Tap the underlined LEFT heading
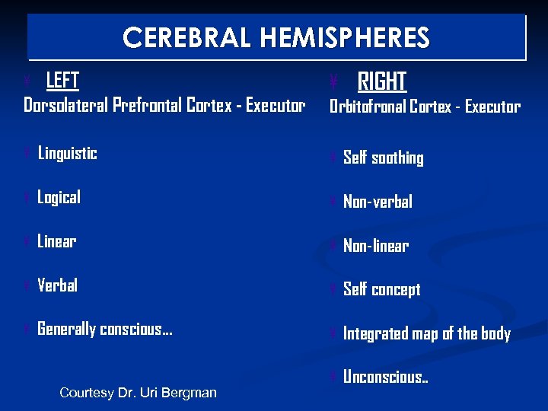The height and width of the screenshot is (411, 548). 63,80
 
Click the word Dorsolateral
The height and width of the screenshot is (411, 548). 65,105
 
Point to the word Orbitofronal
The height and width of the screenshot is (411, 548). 367,107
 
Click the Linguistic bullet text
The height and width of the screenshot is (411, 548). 68,153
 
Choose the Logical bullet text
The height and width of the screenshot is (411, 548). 59,197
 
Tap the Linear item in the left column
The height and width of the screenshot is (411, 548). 57,241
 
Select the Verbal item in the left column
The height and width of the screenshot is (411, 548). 57,285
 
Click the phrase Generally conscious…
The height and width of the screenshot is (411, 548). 105,330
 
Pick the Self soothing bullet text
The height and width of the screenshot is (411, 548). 383,158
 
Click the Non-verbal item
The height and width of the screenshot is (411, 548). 378,202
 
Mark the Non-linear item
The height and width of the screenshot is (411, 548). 376,246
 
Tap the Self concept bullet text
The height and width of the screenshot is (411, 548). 381,290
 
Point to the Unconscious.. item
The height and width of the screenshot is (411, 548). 385,378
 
